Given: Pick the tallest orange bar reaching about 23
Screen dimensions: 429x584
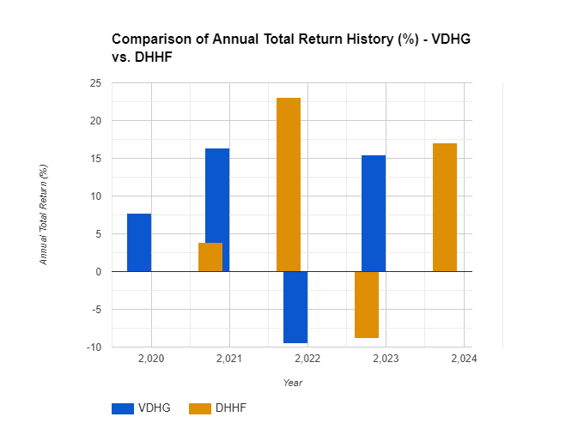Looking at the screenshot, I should coord(289,184).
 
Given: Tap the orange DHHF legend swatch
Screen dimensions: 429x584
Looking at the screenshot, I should coord(199,408).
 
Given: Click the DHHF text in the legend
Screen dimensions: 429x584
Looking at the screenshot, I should coord(232,408).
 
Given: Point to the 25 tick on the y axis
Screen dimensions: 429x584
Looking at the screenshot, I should coord(94,83).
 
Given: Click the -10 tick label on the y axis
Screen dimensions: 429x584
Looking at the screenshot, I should coord(93,347).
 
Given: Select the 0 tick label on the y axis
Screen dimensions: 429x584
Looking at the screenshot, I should coord(97,272).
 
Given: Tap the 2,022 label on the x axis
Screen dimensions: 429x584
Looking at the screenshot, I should coord(307,357).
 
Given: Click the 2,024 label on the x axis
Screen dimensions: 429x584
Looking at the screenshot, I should coord(464,357).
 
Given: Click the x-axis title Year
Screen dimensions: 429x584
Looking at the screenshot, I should coord(293,383).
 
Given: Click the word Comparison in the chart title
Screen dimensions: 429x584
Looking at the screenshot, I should coord(150,39).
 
